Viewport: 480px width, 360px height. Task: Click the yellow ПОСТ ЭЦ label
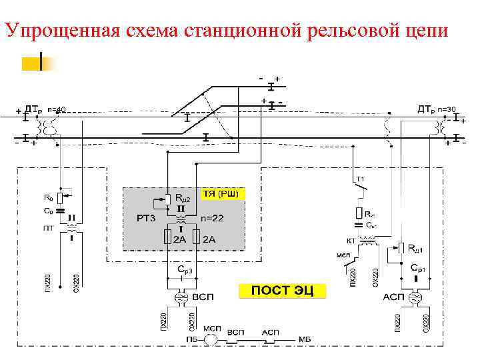[283, 291]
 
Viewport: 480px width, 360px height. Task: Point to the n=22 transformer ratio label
[213, 218]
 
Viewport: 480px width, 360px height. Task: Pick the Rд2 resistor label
[183, 198]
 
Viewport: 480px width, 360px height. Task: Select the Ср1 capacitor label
[418, 268]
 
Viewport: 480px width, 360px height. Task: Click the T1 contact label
[360, 180]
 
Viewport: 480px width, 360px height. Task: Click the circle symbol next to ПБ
[211, 339]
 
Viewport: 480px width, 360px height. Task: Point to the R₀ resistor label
[48, 197]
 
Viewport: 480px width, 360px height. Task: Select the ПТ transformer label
[49, 227]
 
